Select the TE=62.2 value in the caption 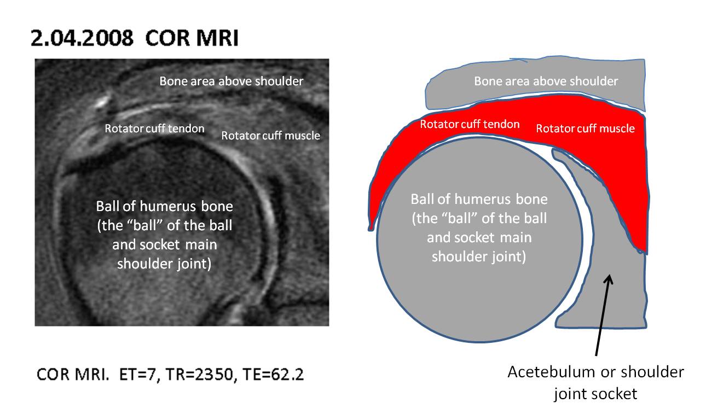273,375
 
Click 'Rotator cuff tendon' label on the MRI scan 155,129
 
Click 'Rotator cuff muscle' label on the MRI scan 270,136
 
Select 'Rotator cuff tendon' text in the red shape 470,124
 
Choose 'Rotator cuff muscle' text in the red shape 585,128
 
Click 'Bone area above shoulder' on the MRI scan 231,81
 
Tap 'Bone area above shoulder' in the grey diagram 546,81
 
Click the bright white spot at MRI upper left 102,102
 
